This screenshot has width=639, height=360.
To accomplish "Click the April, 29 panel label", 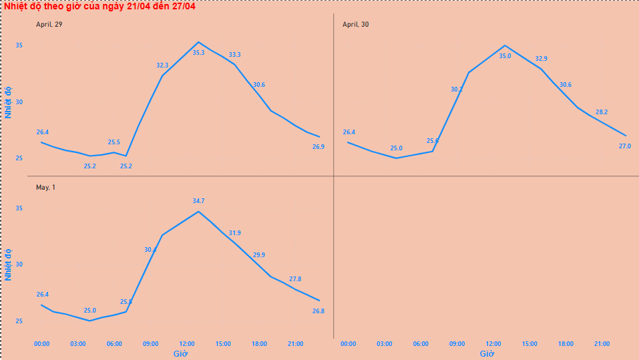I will click(x=49, y=25).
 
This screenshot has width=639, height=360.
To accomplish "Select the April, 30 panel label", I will click(x=355, y=25).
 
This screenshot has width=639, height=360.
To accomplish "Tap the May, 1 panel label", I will click(x=45, y=188).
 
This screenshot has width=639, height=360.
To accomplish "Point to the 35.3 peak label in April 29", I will click(x=198, y=52).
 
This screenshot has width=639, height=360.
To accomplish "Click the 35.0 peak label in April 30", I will click(x=505, y=56).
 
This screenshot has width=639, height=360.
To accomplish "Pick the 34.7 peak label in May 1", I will click(x=198, y=201).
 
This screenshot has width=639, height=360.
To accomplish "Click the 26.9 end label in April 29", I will click(x=318, y=147).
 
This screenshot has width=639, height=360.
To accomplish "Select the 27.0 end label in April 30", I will click(x=625, y=146).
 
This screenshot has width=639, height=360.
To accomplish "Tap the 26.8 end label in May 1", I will click(x=318, y=311).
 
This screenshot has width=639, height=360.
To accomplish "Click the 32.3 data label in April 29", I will click(x=162, y=65).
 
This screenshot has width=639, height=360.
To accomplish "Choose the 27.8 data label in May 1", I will click(x=295, y=279).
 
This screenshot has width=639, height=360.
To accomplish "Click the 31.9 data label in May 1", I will click(x=235, y=233).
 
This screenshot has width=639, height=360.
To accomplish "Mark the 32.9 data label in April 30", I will click(x=541, y=59).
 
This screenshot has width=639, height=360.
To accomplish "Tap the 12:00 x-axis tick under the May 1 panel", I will click(x=187, y=344).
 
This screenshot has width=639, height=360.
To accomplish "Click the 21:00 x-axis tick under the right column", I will click(x=602, y=344).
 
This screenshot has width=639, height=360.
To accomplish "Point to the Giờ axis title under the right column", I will click(x=486, y=353).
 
